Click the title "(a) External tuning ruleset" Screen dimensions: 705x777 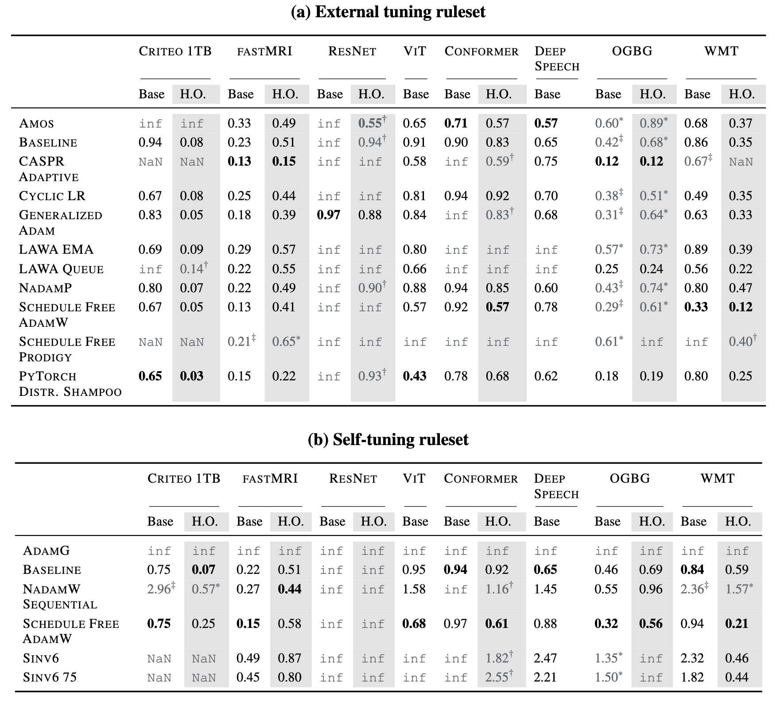pyautogui.click(x=388, y=12)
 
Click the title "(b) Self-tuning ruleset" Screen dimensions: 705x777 pyautogui.click(x=388, y=439)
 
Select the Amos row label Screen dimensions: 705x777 pyautogui.click(x=36, y=123)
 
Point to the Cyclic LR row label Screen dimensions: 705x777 pyautogui.click(x=52, y=196)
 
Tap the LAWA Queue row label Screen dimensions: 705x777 pyautogui.click(x=61, y=269)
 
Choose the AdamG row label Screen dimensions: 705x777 pyautogui.click(x=47, y=550)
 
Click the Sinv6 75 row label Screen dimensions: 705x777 pyautogui.click(x=50, y=677)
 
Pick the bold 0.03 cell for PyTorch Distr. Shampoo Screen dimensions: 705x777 pyautogui.click(x=191, y=376)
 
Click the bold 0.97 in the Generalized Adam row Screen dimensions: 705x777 pyautogui.click(x=329, y=215)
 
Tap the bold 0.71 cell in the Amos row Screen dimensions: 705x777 pyautogui.click(x=456, y=123)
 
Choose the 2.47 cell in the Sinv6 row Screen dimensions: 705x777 pyautogui.click(x=545, y=658)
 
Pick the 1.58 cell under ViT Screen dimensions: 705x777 pyautogui.click(x=414, y=589)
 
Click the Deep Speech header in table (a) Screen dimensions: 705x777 pyautogui.click(x=557, y=58)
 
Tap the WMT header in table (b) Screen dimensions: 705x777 pyautogui.click(x=717, y=478)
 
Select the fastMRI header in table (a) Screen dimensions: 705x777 pyautogui.click(x=264, y=51)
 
